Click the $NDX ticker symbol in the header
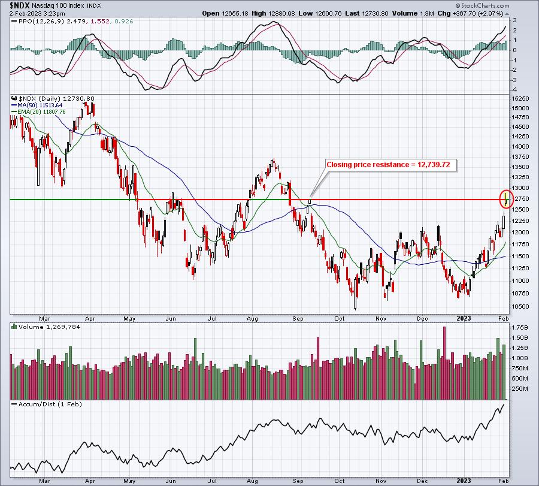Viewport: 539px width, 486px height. (20, 5)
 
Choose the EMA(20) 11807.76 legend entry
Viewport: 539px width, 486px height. (41, 112)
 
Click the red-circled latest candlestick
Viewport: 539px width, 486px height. (506, 199)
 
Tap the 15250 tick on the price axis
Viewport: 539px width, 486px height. (520, 98)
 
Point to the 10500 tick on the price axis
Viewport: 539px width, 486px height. (520, 306)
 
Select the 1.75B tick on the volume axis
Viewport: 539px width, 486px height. (520, 328)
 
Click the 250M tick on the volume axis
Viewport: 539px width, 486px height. (520, 389)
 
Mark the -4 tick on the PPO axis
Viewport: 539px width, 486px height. (514, 90)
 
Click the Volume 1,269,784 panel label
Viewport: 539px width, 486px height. (49, 327)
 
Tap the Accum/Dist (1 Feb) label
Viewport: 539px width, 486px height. (50, 404)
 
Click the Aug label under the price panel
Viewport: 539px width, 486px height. (252, 318)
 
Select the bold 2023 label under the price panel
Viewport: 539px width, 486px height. (464, 318)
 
